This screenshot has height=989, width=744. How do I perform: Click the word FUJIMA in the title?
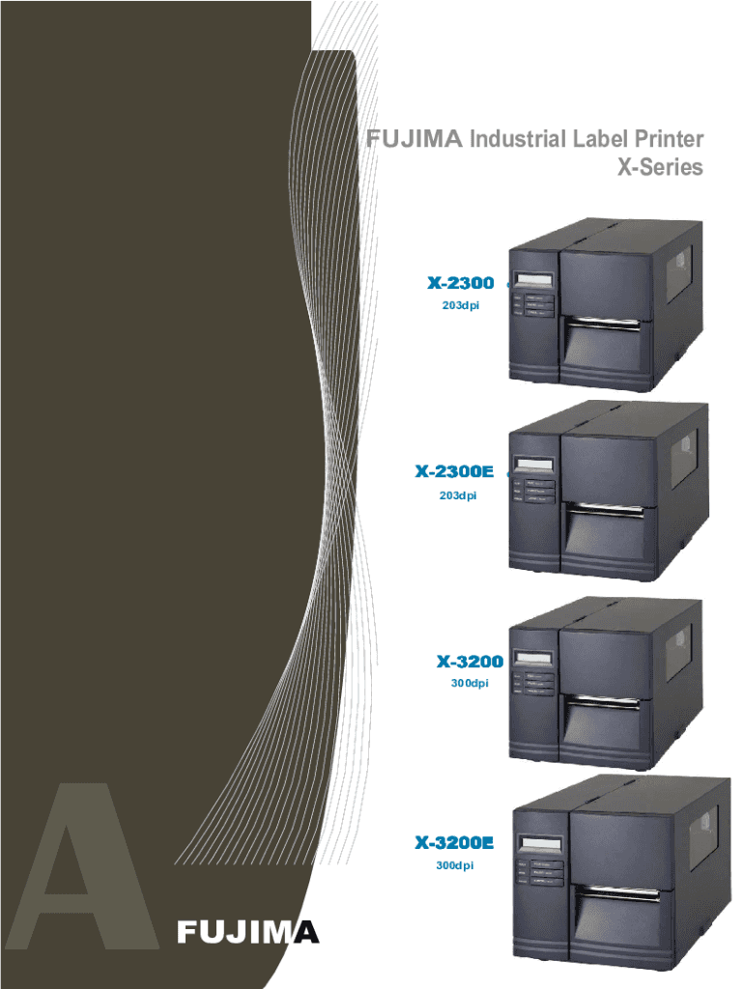(x=415, y=141)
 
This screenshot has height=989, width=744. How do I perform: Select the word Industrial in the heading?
(x=515, y=141)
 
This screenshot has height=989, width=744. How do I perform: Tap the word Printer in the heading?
(x=669, y=141)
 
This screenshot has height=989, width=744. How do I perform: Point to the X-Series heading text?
(x=660, y=168)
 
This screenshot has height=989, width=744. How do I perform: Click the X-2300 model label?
(x=461, y=284)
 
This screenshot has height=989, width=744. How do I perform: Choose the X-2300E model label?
(x=454, y=472)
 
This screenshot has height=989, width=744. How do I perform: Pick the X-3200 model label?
(x=470, y=663)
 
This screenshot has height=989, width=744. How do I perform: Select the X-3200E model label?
(x=454, y=843)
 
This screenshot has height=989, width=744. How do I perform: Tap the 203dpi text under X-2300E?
(x=457, y=495)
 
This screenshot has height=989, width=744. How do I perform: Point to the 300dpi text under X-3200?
(x=470, y=684)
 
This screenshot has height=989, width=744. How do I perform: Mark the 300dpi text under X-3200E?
(x=454, y=865)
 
